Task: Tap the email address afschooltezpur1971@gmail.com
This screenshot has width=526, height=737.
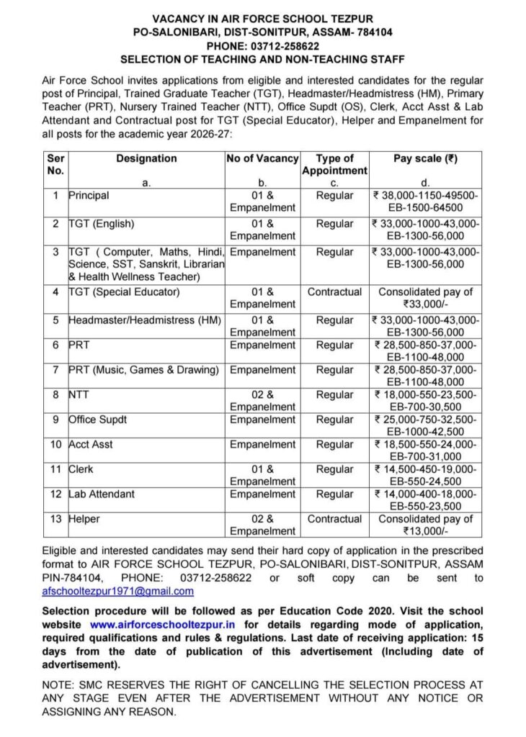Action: coord(118,591)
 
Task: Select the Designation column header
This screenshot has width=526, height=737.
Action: coord(146,158)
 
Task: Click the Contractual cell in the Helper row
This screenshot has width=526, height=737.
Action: coord(334,519)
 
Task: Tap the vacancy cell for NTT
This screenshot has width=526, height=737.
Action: coord(262,401)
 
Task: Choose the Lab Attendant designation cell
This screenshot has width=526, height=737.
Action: coord(102,494)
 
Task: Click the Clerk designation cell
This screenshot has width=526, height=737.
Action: coord(81,469)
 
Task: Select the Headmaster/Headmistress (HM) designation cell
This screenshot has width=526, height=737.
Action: coord(144,320)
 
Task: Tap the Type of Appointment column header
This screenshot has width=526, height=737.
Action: coord(334,164)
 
